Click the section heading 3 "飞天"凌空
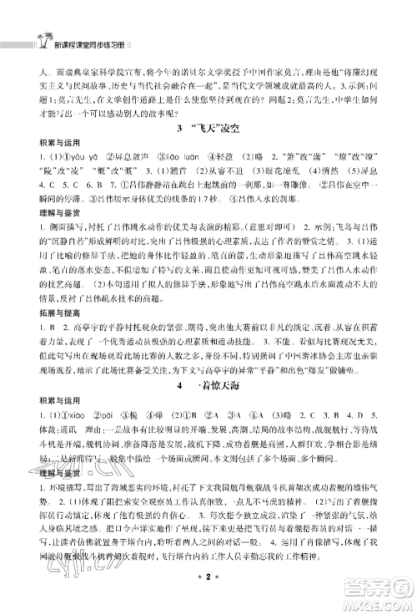pyautogui.click(x=208, y=129)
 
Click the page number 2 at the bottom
pyautogui.click(x=208, y=599)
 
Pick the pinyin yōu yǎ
pyautogui.click(x=72, y=157)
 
